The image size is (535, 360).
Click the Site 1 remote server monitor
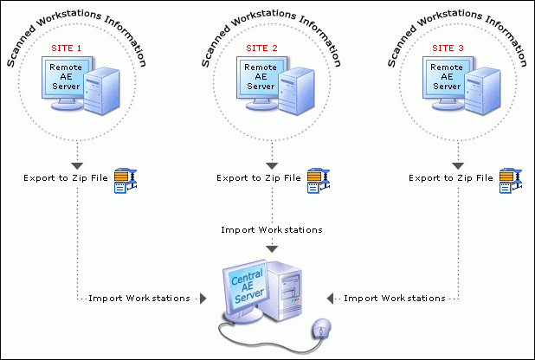point(66,81)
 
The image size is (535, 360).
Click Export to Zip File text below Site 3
point(450,178)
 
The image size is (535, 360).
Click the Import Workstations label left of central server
point(139,298)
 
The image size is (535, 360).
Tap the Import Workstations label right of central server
point(395,298)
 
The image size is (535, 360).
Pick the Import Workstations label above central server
point(271,230)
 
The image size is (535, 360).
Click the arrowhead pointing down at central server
point(271,249)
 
